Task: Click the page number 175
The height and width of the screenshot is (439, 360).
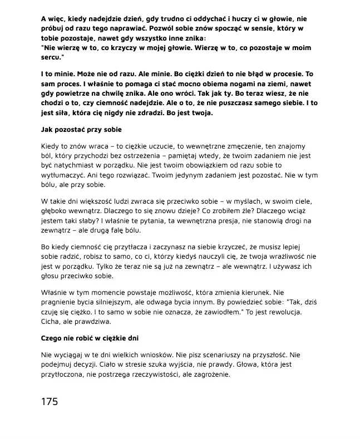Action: coord(50,401)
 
